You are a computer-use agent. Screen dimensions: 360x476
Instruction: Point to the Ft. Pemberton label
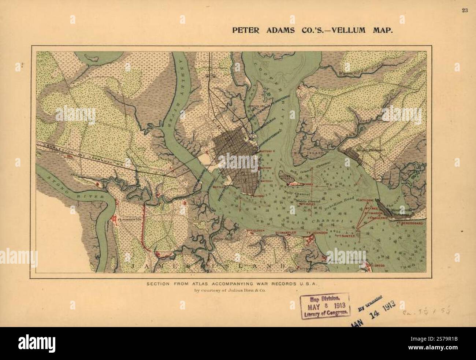pyautogui.click(x=129, y=219)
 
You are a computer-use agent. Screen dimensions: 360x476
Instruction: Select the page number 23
pyautogui.click(x=464, y=10)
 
